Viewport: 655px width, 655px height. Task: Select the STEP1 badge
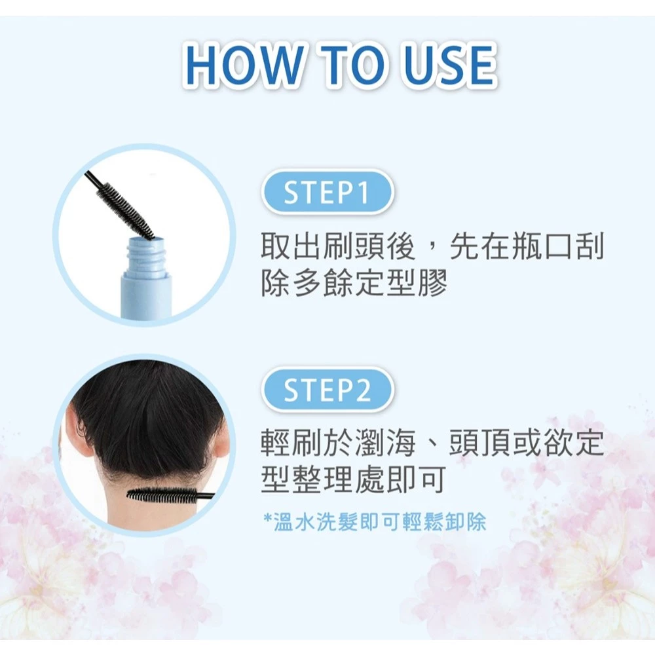pyautogui.click(x=327, y=192)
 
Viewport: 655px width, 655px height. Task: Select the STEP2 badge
pyautogui.click(x=327, y=389)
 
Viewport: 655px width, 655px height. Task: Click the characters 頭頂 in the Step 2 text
pyautogui.click(x=479, y=443)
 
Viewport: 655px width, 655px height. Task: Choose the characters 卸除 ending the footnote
pyautogui.click(x=466, y=522)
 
